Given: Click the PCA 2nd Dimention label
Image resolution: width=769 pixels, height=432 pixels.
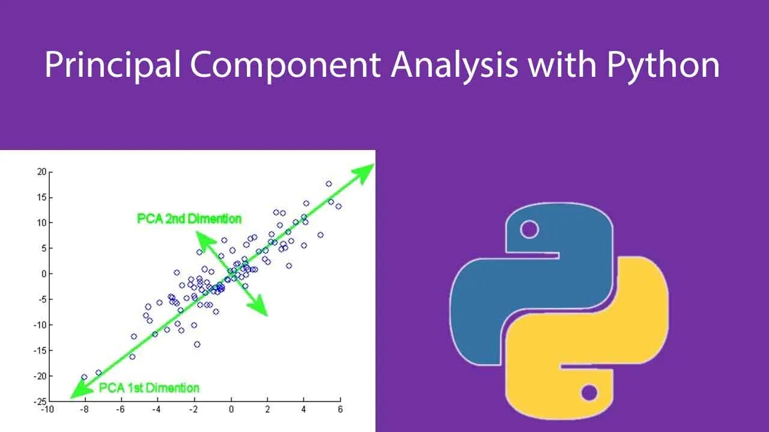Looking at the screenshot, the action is click(x=189, y=219).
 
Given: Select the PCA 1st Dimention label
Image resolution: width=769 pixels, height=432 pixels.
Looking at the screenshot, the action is click(x=149, y=388).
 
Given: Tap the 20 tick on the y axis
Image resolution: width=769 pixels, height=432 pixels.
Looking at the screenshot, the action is click(x=41, y=172).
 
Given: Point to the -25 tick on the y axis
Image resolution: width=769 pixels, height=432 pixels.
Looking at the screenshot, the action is click(x=40, y=401).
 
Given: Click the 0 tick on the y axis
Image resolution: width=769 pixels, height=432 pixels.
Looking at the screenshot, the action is click(x=44, y=274).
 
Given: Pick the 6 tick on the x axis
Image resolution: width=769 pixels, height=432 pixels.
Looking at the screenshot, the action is click(x=340, y=409).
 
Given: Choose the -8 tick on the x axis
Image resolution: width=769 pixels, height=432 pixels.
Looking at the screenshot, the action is click(x=84, y=409).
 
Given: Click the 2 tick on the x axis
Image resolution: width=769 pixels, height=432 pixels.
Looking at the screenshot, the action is click(x=267, y=409).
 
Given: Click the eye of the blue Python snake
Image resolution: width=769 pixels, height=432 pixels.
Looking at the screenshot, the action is click(x=529, y=229).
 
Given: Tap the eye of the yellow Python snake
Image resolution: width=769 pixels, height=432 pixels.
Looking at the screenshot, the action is click(x=589, y=392).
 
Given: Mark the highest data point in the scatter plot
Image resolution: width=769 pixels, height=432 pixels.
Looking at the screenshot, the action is click(x=329, y=184).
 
